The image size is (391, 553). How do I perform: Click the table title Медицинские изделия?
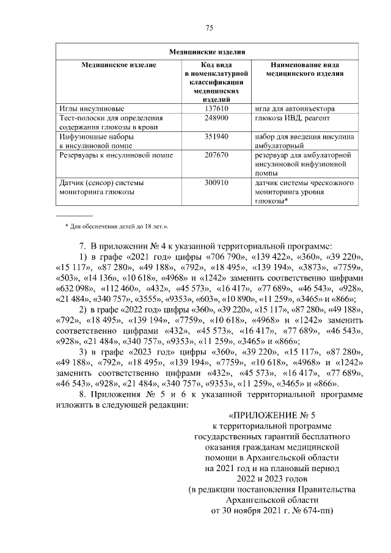(208, 52)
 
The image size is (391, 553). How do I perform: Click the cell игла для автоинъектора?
(296, 108)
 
